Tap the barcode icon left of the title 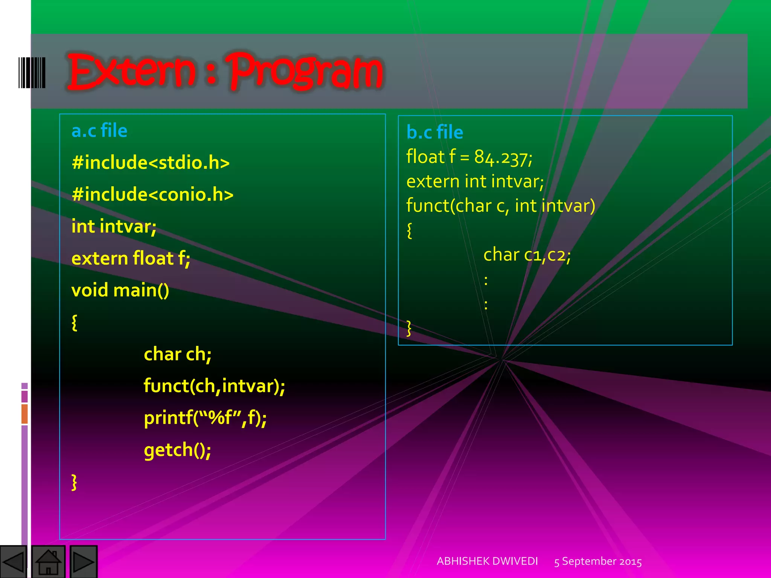tap(32, 73)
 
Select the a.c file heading tap(99, 131)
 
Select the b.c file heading tap(435, 132)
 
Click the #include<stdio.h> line tap(151, 163)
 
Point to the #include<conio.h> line tap(152, 195)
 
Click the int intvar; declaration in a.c tap(114, 227)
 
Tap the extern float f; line tap(131, 259)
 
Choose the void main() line tap(120, 290)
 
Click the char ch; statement tap(177, 354)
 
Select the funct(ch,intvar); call tap(214, 386)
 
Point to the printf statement tap(205, 418)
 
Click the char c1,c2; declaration tap(527, 255)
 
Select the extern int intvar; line tap(475, 182)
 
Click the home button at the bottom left tap(48, 562)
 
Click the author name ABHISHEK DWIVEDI tap(487, 561)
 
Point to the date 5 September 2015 tap(598, 561)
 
